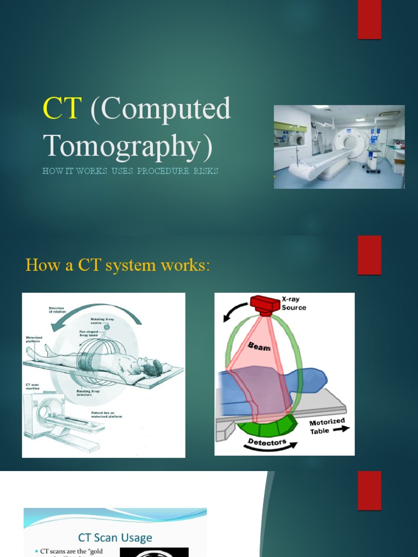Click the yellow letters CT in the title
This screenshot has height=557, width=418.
[62, 109]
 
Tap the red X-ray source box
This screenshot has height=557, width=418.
[265, 305]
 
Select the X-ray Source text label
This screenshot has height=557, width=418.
[294, 304]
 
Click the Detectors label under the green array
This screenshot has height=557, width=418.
[267, 443]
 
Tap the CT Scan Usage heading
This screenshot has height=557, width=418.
[115, 538]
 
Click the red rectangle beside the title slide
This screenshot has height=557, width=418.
[370, 20]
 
